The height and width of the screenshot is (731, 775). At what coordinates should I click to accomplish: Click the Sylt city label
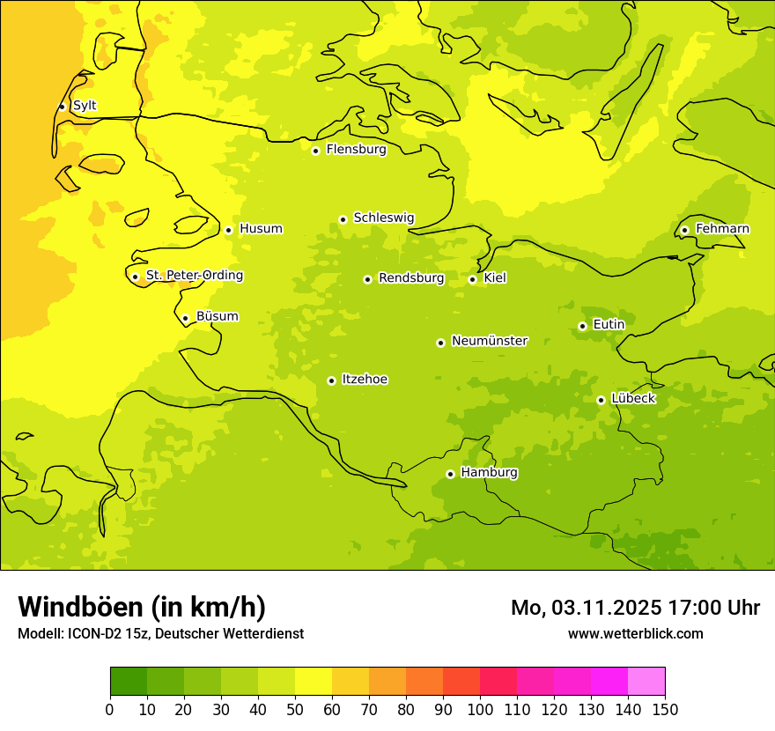point(85,106)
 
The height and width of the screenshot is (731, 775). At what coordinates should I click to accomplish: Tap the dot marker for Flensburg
point(315,151)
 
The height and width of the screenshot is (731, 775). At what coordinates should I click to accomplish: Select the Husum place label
point(261,229)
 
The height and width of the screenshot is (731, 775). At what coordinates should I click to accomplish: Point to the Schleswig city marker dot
point(343,219)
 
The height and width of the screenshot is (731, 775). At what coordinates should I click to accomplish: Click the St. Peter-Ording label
point(194,276)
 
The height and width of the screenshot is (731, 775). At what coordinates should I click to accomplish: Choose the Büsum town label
point(217,316)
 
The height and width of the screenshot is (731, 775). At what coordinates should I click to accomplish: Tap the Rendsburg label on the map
point(411,278)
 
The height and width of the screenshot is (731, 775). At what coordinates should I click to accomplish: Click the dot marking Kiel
point(472,279)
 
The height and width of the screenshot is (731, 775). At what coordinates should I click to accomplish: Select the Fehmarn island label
point(722,229)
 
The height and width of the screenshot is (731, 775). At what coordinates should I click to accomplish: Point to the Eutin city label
point(609,325)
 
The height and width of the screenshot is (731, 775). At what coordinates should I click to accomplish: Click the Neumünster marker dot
point(440,343)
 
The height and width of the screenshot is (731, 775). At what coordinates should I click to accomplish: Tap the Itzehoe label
point(365,380)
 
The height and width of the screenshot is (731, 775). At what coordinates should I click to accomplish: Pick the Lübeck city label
point(632,399)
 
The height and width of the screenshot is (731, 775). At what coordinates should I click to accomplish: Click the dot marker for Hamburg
point(450,474)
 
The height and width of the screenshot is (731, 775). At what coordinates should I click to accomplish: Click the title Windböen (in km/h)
point(142,607)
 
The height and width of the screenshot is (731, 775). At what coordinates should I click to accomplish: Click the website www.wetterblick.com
point(635,633)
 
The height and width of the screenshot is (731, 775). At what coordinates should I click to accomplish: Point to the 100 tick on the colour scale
point(480,710)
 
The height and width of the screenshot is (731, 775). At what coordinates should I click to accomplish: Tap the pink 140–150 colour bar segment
point(646,681)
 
